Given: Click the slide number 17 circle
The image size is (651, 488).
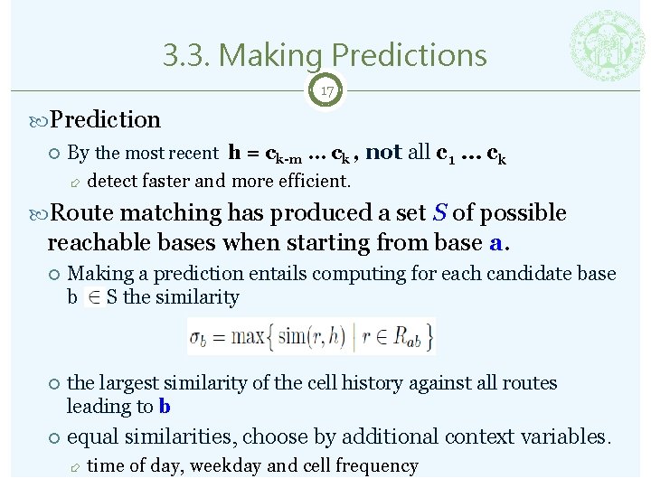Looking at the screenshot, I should click(325, 91).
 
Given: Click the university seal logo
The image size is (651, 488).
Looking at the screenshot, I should click(609, 46).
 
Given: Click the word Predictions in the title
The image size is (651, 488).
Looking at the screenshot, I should click(403, 55).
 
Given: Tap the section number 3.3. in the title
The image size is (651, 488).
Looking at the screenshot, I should click(186, 55).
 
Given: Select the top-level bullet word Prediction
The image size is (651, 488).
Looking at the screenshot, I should click(106, 119).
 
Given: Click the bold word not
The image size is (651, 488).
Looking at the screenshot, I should click(384, 152).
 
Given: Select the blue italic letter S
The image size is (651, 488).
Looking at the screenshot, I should click(439, 213).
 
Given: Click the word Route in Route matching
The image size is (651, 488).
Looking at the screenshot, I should click(80, 213).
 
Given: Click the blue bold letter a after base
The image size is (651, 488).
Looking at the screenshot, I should click(495, 243).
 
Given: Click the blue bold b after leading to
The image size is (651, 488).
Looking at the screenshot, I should click(165, 407).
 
